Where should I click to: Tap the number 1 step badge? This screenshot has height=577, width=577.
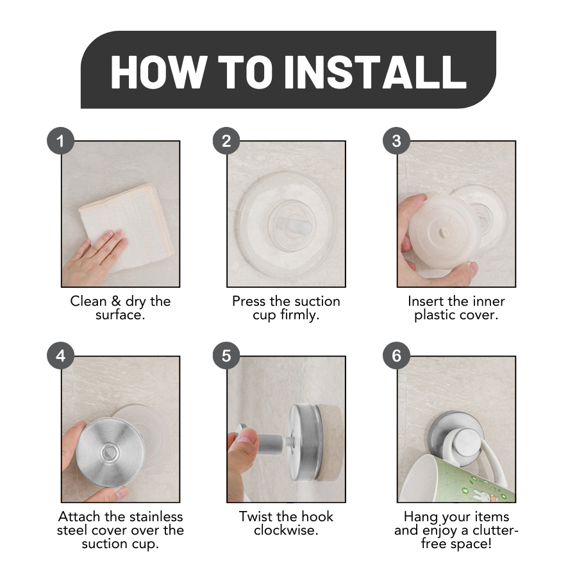(61, 141)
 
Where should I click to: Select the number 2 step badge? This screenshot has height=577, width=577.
(226, 141)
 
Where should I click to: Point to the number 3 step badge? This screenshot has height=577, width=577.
(396, 141)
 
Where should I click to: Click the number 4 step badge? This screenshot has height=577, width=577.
(61, 356)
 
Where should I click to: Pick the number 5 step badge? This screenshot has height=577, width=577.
(226, 356)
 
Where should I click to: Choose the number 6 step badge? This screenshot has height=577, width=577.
(396, 356)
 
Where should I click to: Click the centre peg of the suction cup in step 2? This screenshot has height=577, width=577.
(299, 225)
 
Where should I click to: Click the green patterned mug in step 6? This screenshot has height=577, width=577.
(456, 478)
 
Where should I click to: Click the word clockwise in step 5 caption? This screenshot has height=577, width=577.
(286, 530)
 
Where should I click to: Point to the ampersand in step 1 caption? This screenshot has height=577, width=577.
(116, 301)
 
